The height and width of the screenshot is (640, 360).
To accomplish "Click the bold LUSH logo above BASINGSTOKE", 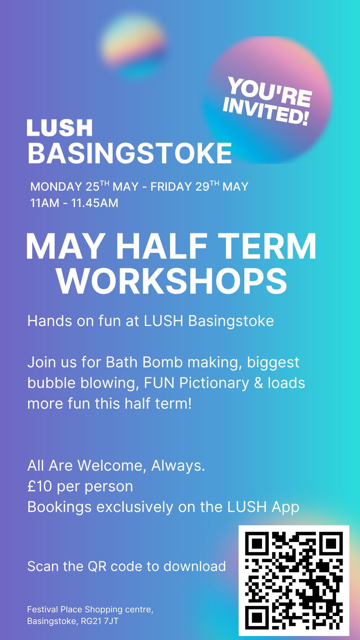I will [59, 128].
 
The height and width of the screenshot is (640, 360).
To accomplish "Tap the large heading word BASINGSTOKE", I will [130, 153].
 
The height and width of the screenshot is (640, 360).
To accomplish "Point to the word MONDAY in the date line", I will [56, 187].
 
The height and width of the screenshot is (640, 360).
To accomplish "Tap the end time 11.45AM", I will [95, 203].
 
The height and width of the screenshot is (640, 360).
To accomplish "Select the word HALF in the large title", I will [161, 246].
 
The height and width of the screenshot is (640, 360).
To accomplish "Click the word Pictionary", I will [214, 383].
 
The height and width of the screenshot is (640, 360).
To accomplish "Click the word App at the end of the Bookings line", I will [285, 507].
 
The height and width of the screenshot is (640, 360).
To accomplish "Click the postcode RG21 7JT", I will [100, 621].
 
